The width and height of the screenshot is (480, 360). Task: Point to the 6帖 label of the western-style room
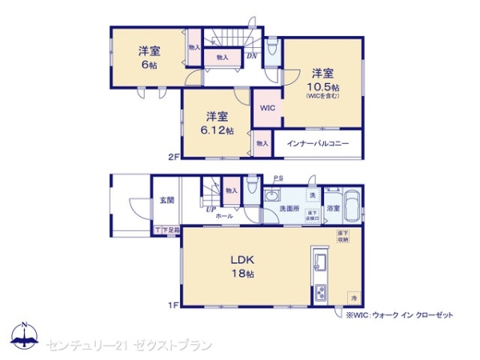point(149,65)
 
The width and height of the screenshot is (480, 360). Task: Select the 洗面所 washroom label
point(289,209)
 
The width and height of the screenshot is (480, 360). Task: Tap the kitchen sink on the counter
point(320,262)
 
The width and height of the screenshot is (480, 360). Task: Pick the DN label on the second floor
point(250,55)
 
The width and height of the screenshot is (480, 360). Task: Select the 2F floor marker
point(173,157)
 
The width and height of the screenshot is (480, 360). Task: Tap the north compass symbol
point(24,336)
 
